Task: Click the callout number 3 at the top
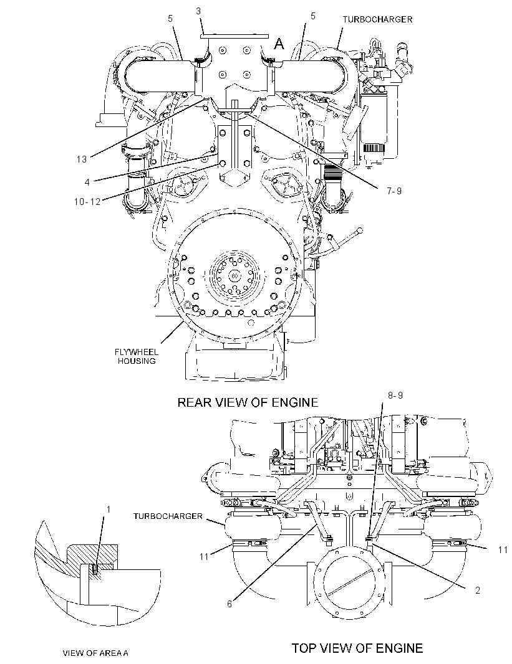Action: (x=198, y=11)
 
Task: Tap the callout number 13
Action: (x=81, y=159)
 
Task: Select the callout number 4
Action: (x=87, y=182)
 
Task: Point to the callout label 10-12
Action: (x=87, y=202)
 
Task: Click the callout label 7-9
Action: (x=394, y=191)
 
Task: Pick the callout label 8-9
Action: (x=395, y=395)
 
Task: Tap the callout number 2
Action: (x=478, y=590)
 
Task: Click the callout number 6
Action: (x=229, y=604)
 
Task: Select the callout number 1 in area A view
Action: (x=108, y=510)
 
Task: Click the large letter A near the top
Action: (x=279, y=44)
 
